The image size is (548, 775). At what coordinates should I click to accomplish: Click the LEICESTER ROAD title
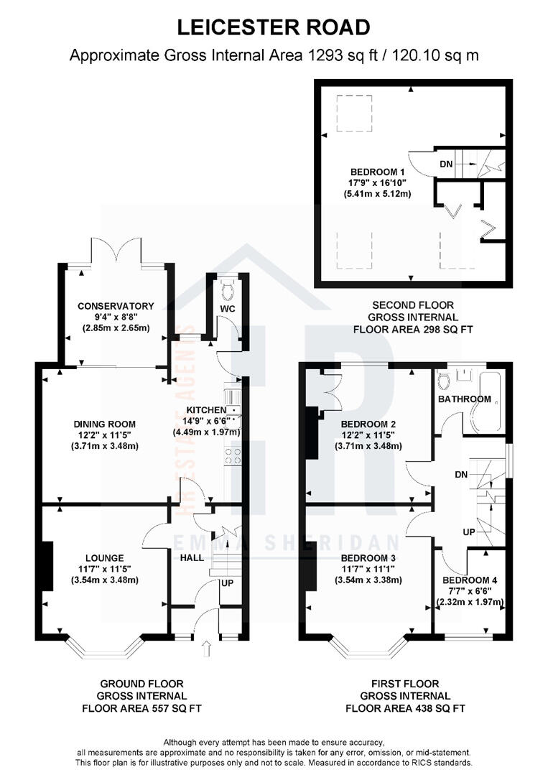[x=274, y=27]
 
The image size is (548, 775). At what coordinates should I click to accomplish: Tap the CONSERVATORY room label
[x=116, y=306]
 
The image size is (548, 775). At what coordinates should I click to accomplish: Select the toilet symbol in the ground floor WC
[x=228, y=291]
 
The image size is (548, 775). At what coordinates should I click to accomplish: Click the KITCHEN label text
[x=206, y=409]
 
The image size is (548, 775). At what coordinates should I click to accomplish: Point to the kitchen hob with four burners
[x=233, y=455]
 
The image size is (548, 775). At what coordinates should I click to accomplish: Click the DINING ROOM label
[x=104, y=424]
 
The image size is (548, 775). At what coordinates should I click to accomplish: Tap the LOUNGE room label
[x=104, y=558]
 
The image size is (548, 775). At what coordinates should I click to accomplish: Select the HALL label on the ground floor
[x=192, y=557]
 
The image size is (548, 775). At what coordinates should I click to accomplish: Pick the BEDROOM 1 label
[x=378, y=172]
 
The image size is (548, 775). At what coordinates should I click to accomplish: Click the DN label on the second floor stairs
[x=446, y=164]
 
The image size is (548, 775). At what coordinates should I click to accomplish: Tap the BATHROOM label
[x=465, y=399]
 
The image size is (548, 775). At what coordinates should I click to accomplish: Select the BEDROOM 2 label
[x=368, y=424]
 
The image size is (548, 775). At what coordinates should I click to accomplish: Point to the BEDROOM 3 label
[x=368, y=558]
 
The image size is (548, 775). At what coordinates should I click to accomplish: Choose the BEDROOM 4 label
[x=470, y=580]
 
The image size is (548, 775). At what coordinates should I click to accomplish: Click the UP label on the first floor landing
[x=469, y=532]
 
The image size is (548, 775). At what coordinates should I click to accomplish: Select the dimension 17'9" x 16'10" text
[x=378, y=183]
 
